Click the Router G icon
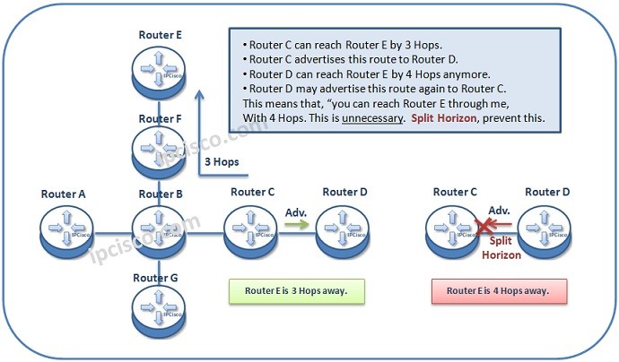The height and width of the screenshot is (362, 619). coord(159,307)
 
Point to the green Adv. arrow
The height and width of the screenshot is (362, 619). coord(296,226)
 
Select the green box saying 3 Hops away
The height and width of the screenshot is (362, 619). coord(296,290)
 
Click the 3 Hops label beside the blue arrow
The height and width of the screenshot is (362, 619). coord(222,162)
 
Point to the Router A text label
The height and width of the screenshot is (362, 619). coord(65,193)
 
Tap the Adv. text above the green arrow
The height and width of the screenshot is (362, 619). coord(296,212)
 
